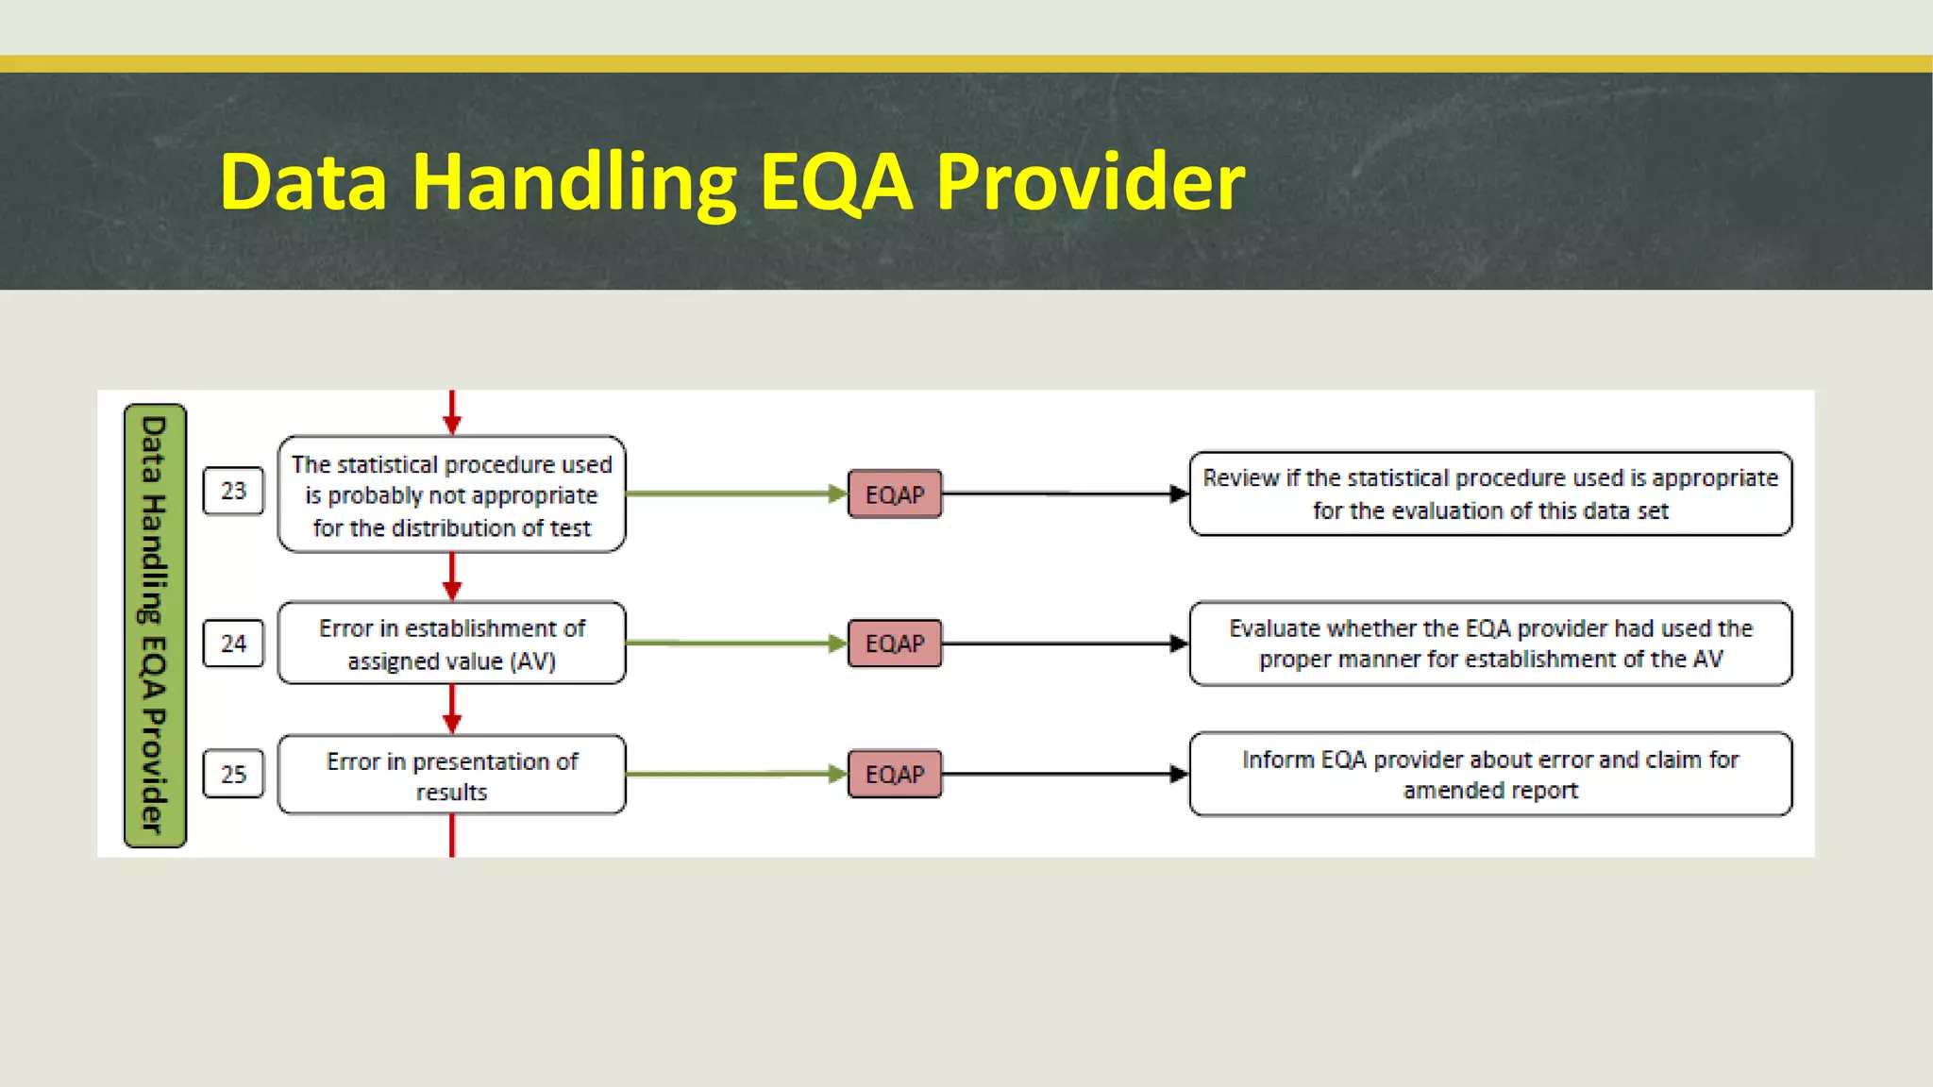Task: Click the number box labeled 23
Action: (233, 491)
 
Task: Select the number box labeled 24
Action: (233, 644)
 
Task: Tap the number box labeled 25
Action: (233, 774)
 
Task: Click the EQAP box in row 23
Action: (895, 493)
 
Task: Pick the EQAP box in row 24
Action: (895, 644)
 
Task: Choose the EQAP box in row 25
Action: (895, 774)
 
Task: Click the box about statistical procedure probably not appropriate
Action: (451, 494)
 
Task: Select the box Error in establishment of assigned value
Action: (451, 644)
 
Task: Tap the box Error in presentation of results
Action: (451, 775)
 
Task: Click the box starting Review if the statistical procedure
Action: (1490, 493)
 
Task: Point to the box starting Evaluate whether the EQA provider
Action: (1490, 644)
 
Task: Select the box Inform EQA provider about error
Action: (1490, 774)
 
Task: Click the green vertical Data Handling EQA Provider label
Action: (155, 625)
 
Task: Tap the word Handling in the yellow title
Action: (574, 181)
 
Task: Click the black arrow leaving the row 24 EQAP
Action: (1065, 644)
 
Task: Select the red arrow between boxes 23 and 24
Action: (452, 577)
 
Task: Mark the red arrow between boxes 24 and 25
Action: (452, 709)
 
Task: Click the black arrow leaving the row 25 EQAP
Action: (1065, 774)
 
